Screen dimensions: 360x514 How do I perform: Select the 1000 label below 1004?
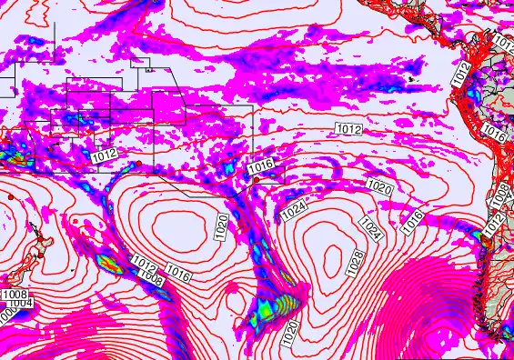tap(7, 312)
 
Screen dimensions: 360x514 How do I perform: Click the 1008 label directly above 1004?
tap(14, 295)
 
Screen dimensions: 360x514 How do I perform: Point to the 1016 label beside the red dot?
tap(261, 167)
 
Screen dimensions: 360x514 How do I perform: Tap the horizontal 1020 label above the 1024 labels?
tap(379, 186)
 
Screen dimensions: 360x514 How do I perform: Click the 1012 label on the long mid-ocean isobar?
tap(348, 130)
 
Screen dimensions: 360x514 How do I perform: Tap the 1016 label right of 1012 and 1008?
tap(178, 273)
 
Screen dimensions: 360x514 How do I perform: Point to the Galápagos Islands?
tap(414, 79)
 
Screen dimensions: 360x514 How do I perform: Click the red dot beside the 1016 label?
tap(257, 180)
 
